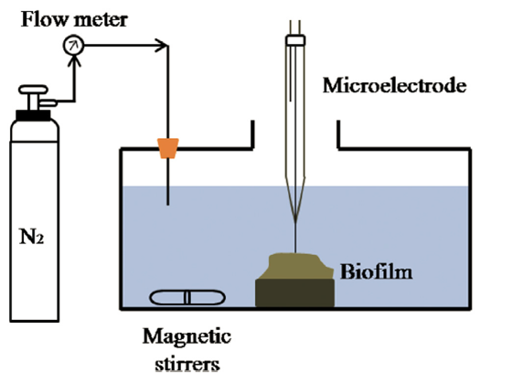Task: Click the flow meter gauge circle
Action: coord(73,46)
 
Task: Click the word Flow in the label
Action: coord(44,19)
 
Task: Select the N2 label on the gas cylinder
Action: coord(32,237)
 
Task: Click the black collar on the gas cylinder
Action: coord(33,115)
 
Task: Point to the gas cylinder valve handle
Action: coord(33,90)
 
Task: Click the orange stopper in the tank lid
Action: coord(168,148)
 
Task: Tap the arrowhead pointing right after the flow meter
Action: coord(162,45)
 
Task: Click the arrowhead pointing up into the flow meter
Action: coord(75,61)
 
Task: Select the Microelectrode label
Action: coord(394,86)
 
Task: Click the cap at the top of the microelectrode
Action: coord(295,40)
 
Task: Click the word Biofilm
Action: coord(376,272)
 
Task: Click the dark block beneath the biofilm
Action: coord(294,293)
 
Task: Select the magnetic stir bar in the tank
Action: coord(187,298)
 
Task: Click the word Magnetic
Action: coord(187,336)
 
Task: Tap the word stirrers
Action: coord(187,364)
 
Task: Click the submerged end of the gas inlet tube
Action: coord(168,205)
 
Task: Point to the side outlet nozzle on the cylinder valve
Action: coord(48,103)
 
